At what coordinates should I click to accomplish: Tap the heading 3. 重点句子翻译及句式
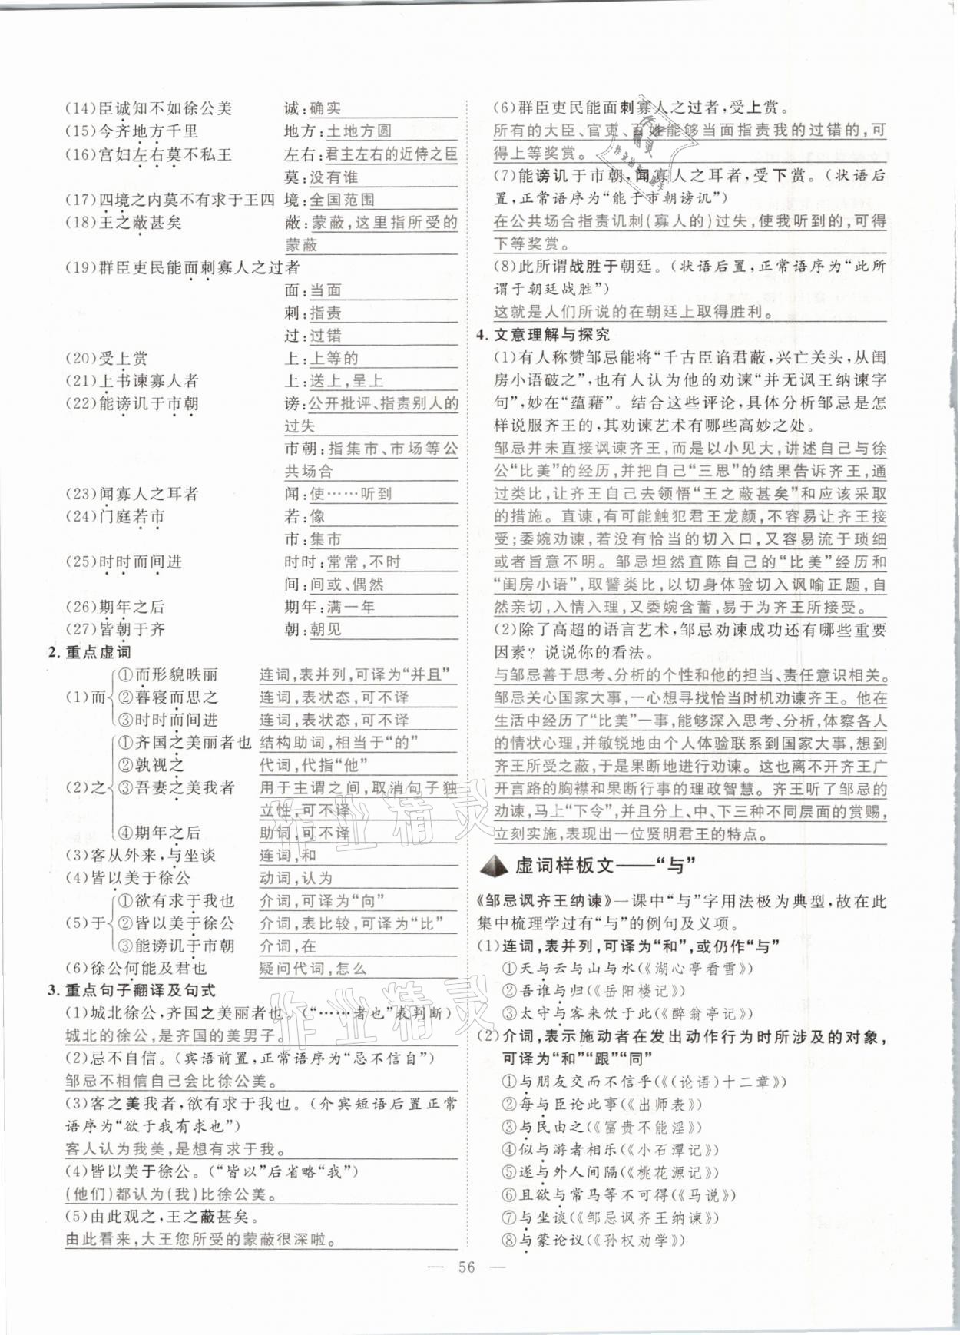[x=131, y=991]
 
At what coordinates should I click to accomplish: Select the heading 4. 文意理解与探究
[x=543, y=334]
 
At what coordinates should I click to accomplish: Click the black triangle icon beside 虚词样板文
[x=493, y=866]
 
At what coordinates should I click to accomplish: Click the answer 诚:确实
[x=313, y=109]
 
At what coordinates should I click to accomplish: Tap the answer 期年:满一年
[x=329, y=607]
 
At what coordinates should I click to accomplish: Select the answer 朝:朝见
[x=313, y=630]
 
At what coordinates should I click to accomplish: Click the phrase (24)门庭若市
[x=114, y=517]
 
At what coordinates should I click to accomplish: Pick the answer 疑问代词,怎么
[x=313, y=969]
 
